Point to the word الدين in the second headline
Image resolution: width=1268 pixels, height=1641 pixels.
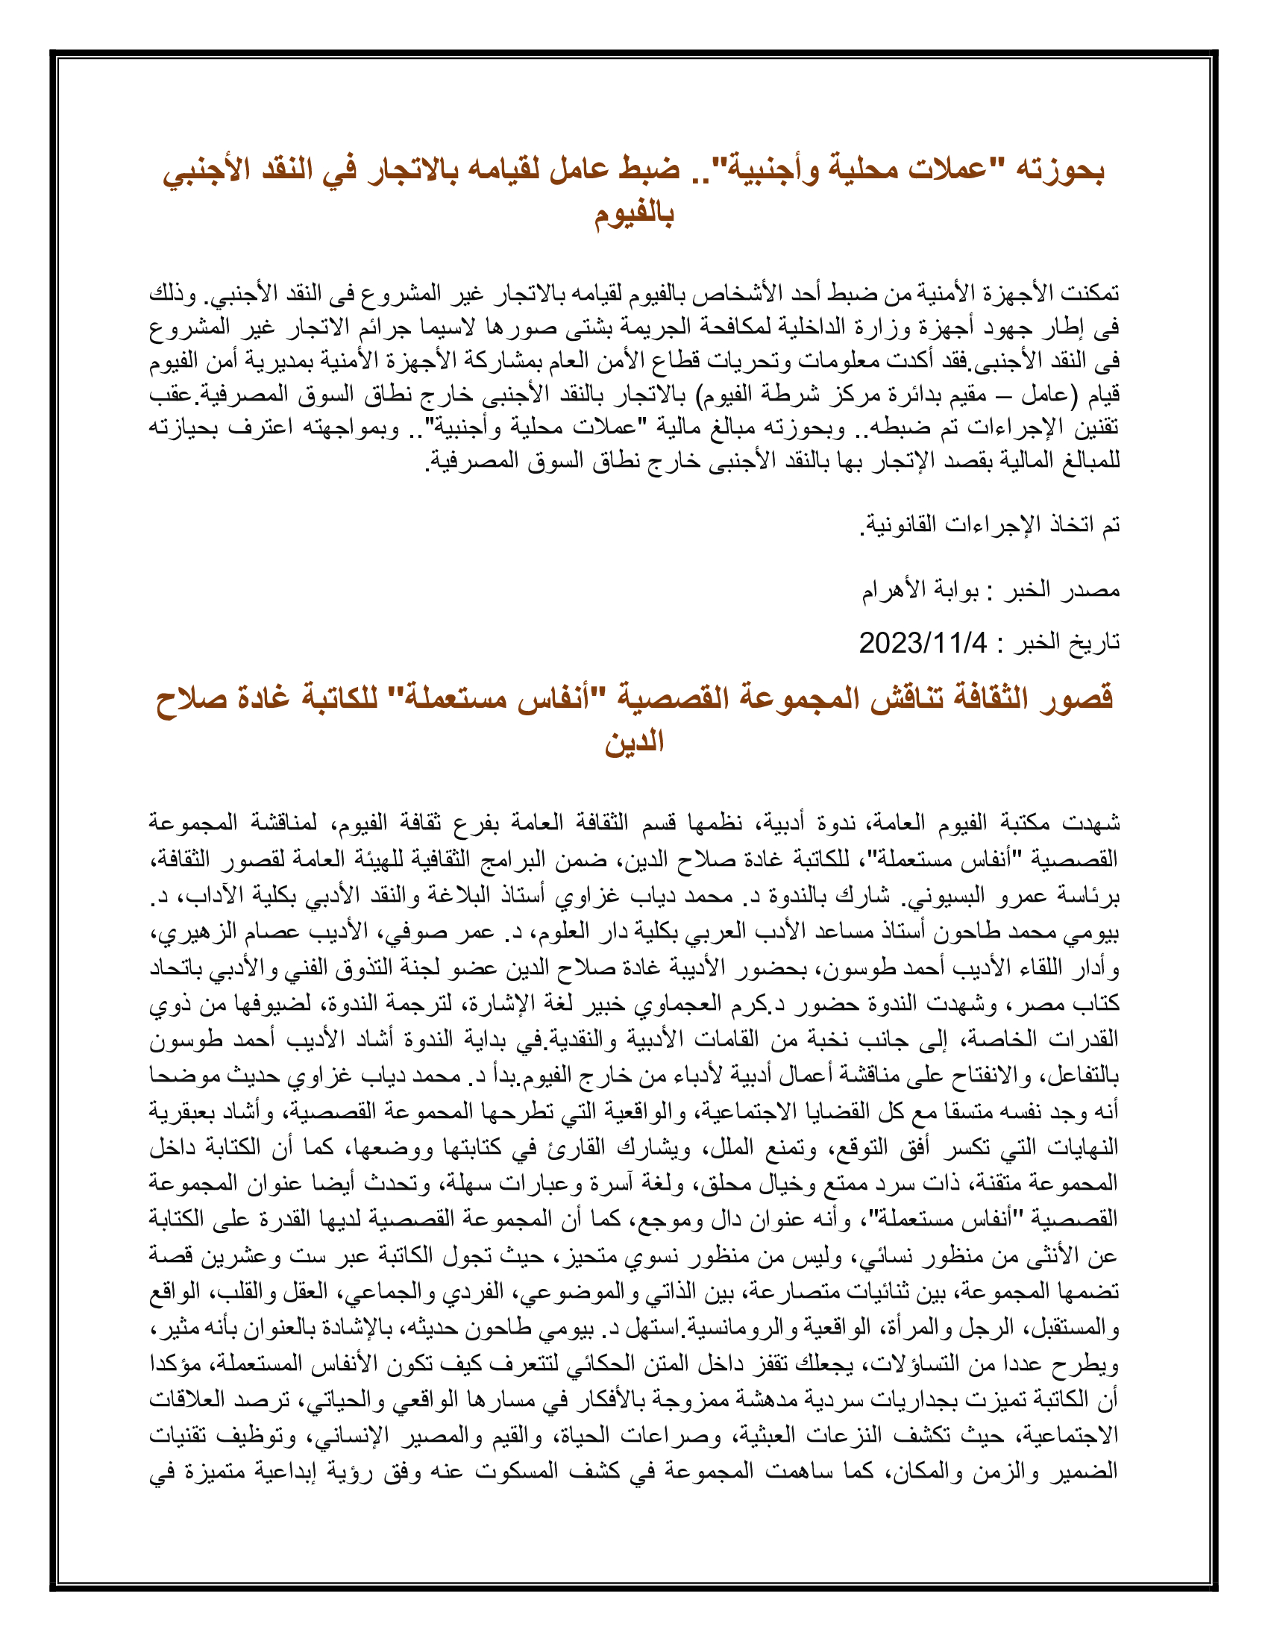(x=634, y=742)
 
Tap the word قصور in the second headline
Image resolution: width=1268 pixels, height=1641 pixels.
(x=1074, y=699)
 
